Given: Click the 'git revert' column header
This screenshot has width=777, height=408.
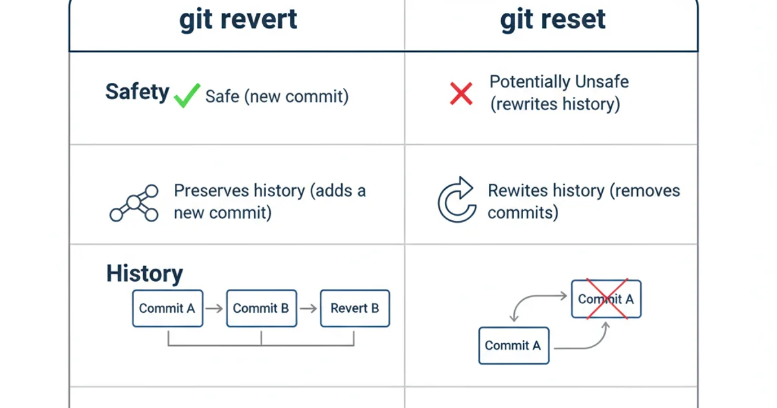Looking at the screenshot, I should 238,19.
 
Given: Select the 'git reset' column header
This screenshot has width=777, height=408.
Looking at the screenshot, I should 553,19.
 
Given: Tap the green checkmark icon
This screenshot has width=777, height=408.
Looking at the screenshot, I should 187,96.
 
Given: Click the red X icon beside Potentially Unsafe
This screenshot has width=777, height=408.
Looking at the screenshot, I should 461,94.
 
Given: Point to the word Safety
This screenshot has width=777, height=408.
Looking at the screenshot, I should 137,92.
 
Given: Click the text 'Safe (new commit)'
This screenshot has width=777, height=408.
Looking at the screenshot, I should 276,97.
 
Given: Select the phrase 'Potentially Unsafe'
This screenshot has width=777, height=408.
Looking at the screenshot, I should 559,82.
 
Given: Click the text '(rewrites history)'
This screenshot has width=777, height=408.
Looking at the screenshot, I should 555,104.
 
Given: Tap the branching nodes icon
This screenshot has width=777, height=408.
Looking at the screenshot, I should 134,203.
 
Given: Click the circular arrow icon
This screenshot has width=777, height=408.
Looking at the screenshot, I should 456,201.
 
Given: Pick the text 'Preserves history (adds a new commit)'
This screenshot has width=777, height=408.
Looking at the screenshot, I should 269,201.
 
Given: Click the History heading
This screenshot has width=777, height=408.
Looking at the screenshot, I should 144,273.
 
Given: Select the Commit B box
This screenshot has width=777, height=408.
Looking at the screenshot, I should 261,308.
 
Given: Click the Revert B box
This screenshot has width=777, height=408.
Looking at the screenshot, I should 355,308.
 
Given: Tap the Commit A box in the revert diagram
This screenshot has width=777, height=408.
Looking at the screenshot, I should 167,308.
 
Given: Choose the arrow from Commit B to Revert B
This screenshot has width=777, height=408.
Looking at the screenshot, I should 308,309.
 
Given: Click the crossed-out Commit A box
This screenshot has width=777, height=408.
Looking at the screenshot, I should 606,299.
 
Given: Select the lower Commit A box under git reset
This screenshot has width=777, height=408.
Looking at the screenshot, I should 513,346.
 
